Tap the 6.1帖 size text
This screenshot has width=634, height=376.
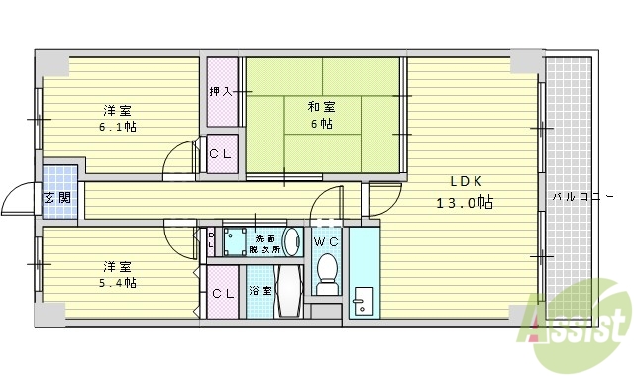point(118,127)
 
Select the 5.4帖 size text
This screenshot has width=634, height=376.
point(117,283)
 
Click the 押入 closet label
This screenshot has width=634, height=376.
point(221,92)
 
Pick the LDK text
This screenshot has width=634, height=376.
point(466,182)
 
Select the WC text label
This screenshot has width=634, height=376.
point(326,241)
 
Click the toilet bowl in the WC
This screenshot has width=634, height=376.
point(327,273)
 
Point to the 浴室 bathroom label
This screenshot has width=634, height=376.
point(260,291)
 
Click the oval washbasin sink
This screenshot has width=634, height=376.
point(291,240)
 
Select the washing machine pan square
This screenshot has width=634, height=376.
point(237,240)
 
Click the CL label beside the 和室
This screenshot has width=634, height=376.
point(222,153)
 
